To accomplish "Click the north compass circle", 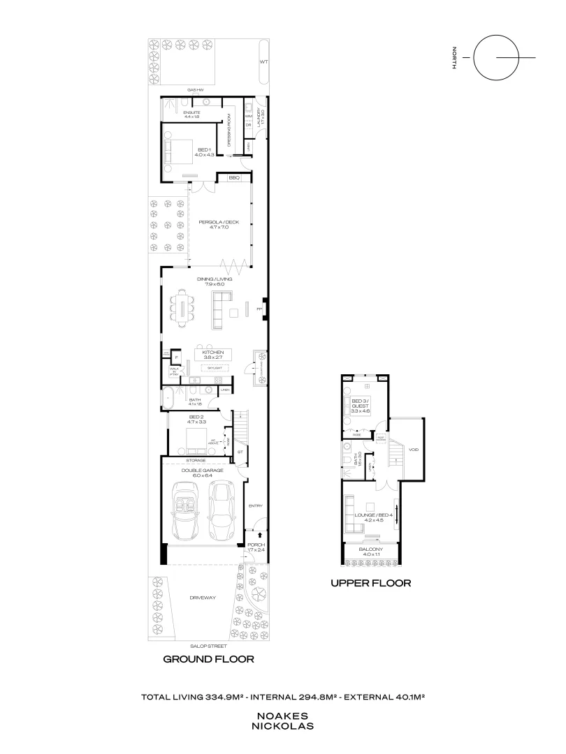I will [x=495, y=57].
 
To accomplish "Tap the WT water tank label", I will [x=263, y=62].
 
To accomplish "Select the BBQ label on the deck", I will [x=235, y=179].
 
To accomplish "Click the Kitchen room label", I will [x=212, y=355].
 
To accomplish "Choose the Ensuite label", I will [x=192, y=114].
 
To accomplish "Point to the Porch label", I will [x=256, y=547].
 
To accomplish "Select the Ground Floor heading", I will [x=208, y=659].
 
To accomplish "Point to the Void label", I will [x=413, y=450].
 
